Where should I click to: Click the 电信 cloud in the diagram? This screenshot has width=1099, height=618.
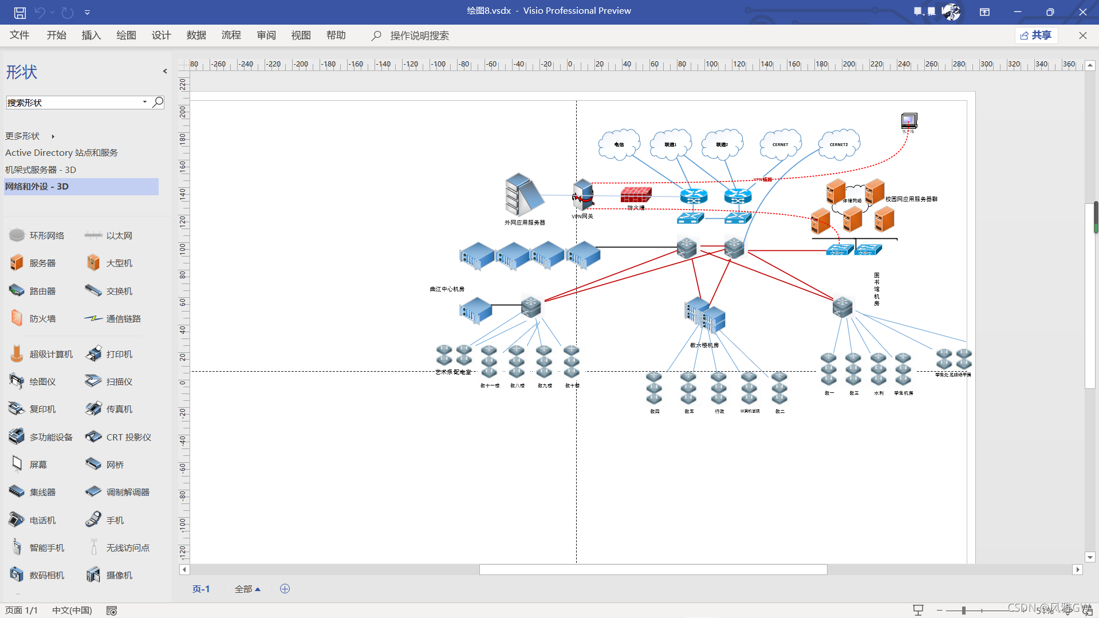click(619, 144)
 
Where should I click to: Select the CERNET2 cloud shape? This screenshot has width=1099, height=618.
click(838, 144)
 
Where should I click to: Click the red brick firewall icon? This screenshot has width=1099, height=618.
click(636, 195)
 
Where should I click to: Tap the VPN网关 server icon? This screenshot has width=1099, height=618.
click(583, 194)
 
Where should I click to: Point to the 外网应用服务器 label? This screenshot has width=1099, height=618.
click(525, 222)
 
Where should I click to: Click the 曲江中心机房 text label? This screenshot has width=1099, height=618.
click(447, 289)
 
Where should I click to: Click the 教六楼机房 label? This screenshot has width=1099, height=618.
click(704, 345)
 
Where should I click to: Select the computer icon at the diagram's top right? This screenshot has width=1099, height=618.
click(909, 120)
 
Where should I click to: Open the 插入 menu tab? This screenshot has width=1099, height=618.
click(91, 36)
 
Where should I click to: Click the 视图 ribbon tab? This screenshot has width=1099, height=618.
click(301, 36)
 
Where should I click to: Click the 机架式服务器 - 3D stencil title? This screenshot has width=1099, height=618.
click(41, 170)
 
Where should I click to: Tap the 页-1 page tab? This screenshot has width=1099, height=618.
click(201, 589)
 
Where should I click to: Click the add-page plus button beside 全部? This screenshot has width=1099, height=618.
click(285, 589)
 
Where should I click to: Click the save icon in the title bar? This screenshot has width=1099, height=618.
click(20, 12)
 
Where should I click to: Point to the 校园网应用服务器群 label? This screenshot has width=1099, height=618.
click(911, 199)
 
